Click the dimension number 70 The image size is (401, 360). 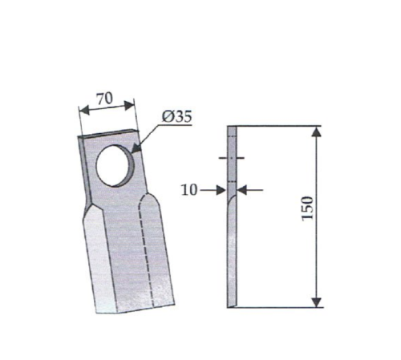point(105,99)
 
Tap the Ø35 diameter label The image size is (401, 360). point(177,116)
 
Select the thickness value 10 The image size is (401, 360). point(189,190)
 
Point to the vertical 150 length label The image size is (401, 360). point(307,208)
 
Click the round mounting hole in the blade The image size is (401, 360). point(115,165)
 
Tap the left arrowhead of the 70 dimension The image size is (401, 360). point(84,110)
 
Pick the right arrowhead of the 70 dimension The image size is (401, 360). point(129,105)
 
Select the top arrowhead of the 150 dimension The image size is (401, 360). point(317,132)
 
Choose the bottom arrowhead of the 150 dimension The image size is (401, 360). point(317,302)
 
